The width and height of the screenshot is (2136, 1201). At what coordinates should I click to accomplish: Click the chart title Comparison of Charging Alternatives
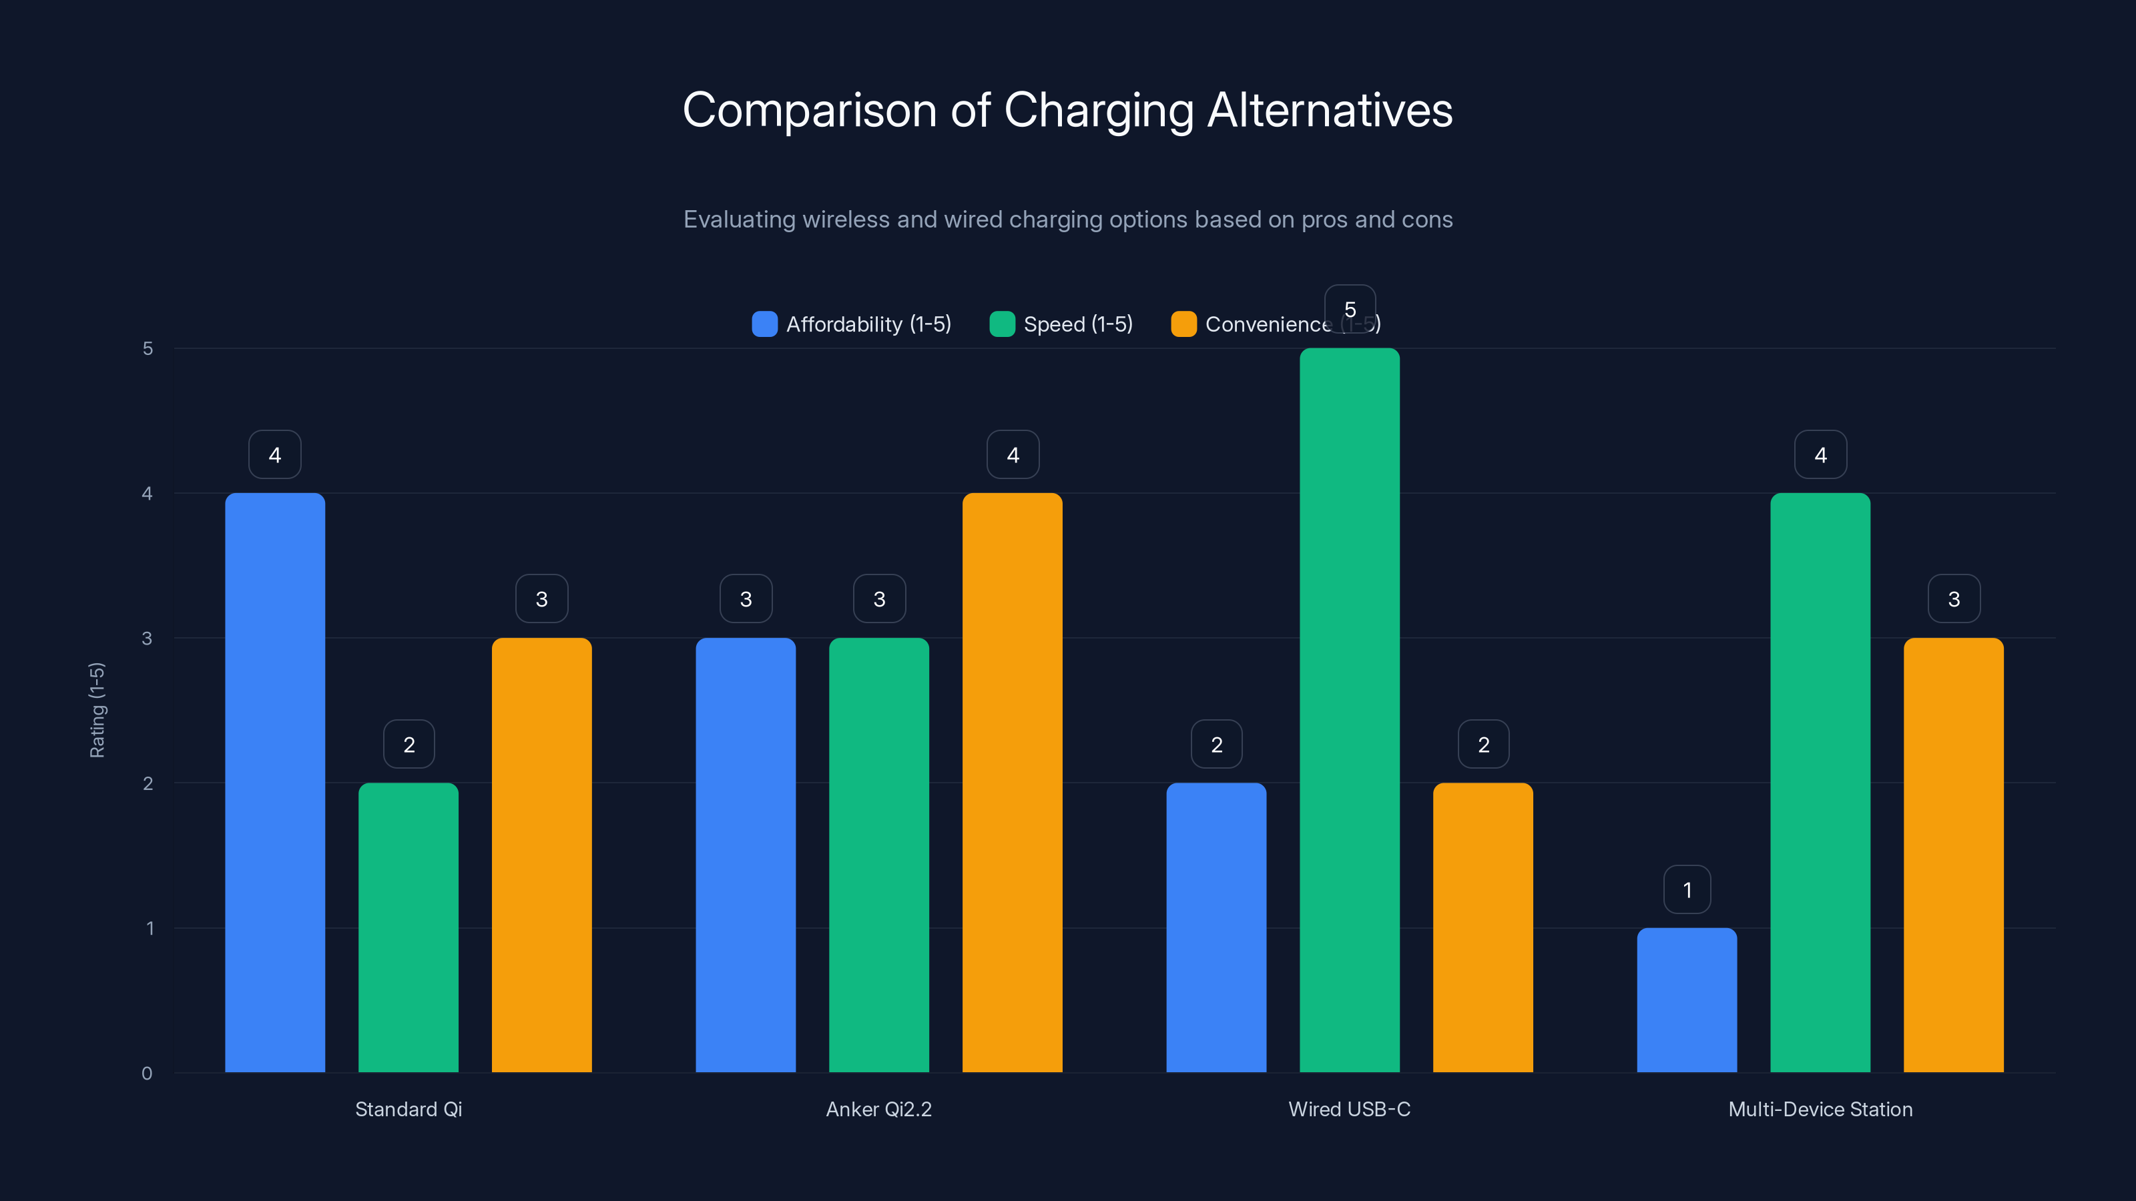pyautogui.click(x=1067, y=110)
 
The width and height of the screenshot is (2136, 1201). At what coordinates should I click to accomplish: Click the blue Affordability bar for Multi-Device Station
pyautogui.click(x=1687, y=999)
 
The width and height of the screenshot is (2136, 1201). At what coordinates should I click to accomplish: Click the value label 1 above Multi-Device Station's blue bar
pyautogui.click(x=1687, y=890)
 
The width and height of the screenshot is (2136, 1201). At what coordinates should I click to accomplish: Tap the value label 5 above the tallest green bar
pyautogui.click(x=1349, y=309)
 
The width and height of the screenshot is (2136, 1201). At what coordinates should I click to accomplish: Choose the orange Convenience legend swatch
pyautogui.click(x=1183, y=324)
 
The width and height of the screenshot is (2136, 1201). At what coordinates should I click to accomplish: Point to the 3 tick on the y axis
pyautogui.click(x=147, y=639)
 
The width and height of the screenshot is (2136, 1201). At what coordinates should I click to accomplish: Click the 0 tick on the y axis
pyautogui.click(x=147, y=1074)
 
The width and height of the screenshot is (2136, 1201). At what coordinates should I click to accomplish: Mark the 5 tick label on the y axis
pyautogui.click(x=148, y=348)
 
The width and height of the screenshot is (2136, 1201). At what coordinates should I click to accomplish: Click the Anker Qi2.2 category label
pyautogui.click(x=878, y=1109)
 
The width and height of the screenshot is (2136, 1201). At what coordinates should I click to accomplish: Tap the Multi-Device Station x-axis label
pyautogui.click(x=1820, y=1109)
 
